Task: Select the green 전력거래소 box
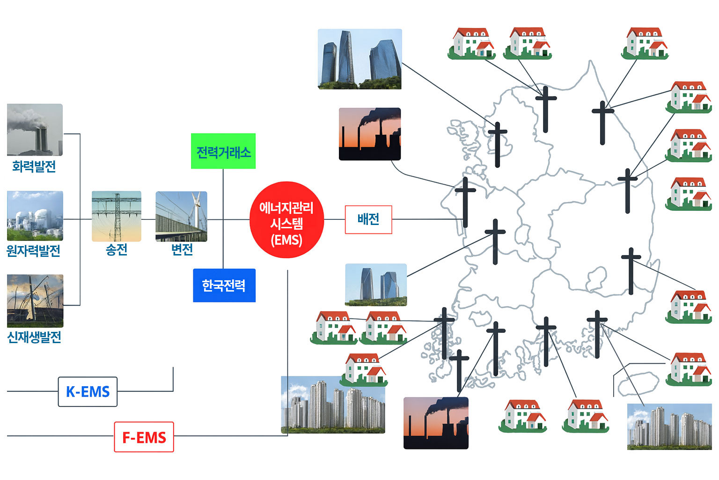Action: coord(223,151)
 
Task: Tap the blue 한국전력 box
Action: coord(224,285)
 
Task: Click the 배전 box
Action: coord(368,219)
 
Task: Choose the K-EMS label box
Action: coord(88,391)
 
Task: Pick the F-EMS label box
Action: coord(144,437)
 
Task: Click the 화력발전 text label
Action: coord(34,166)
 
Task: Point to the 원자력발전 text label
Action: coord(34,251)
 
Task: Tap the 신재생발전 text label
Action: coord(34,337)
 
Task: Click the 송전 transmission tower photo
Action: coord(117,216)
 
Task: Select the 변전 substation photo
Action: coord(181,216)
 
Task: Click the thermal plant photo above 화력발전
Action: coord(35,130)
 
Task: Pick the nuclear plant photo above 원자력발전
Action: coord(35,216)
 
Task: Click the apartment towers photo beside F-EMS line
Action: coord(333,405)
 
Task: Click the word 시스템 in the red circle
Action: coord(286,224)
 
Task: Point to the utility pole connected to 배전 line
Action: coord(465,202)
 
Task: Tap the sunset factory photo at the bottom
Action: coord(436,423)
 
